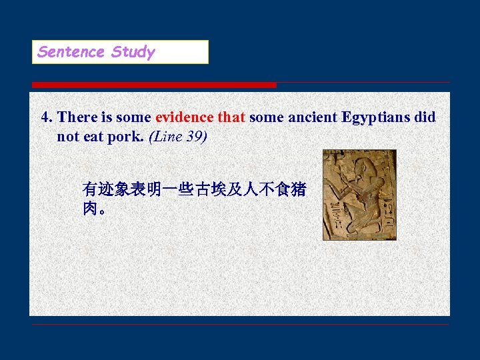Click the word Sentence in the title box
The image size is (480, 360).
(x=71, y=52)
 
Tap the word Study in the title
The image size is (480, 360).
(x=133, y=52)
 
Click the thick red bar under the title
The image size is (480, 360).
(x=154, y=85)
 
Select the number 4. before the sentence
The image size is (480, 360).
(x=47, y=117)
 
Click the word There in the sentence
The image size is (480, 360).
(x=77, y=117)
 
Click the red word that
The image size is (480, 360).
(x=231, y=117)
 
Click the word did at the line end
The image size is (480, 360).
(x=425, y=117)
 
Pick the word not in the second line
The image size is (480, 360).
(x=67, y=137)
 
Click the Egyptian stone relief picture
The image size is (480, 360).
(x=359, y=194)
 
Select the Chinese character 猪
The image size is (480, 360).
(x=298, y=190)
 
